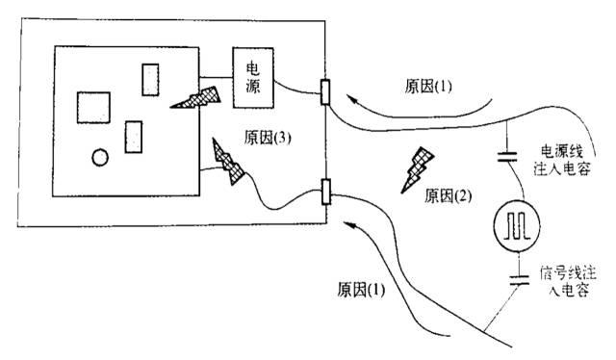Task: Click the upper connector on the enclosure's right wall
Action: click(x=325, y=92)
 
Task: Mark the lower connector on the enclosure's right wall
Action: click(x=325, y=192)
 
